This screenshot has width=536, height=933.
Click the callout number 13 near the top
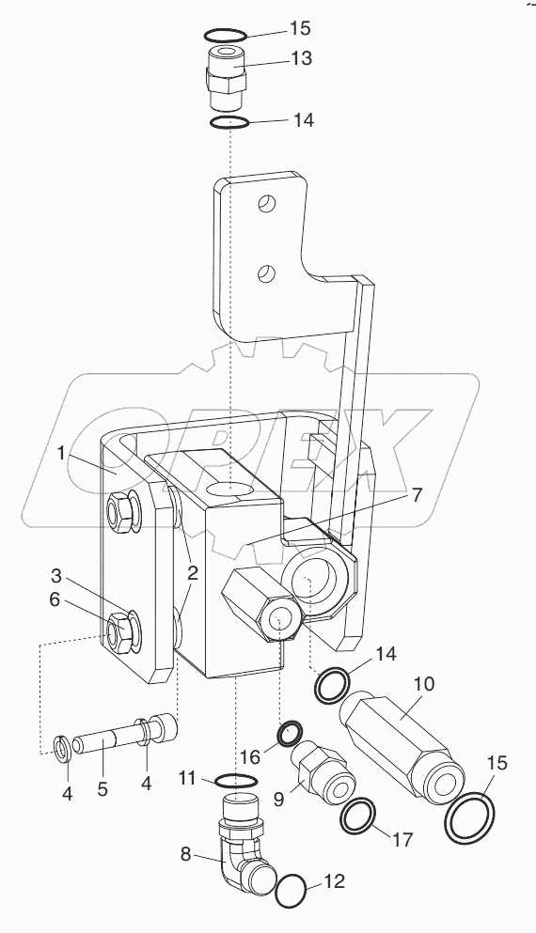coord(301,58)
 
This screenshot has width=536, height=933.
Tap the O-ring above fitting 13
coord(227,36)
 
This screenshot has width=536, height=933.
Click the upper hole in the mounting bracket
coord(268,203)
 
